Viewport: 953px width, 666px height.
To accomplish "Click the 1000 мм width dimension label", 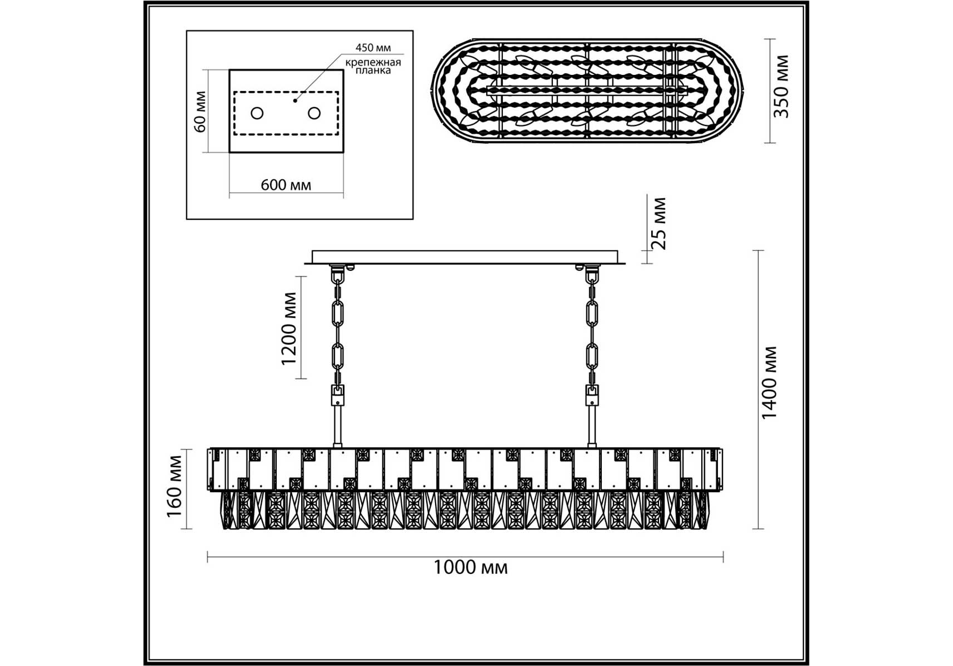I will [470, 567].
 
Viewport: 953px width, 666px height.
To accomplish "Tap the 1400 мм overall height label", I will [770, 383].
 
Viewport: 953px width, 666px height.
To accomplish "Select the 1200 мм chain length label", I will [290, 328].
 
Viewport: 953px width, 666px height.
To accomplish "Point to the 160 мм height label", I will [175, 487].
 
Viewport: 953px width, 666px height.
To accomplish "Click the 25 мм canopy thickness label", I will [658, 223].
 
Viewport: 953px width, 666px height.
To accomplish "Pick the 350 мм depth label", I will [782, 86].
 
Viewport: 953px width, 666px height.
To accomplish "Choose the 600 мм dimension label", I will [286, 185].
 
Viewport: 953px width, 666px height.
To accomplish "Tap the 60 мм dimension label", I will [200, 111].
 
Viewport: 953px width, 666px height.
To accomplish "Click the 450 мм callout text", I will [373, 48].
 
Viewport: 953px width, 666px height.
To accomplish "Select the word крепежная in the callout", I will [373, 62].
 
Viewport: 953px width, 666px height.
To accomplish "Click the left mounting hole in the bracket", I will [257, 113].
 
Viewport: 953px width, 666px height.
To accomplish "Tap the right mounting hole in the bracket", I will [314, 113].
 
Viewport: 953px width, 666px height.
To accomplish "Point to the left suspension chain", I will [337, 333].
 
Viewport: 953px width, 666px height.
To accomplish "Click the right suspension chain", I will [592, 333].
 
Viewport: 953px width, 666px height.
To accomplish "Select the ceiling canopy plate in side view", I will [465, 257].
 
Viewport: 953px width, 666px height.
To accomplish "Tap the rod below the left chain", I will [337, 426].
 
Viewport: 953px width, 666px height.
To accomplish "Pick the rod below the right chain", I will [592, 426].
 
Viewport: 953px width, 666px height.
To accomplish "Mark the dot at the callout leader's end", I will [295, 100].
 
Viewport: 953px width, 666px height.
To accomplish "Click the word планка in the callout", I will [373, 71].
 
